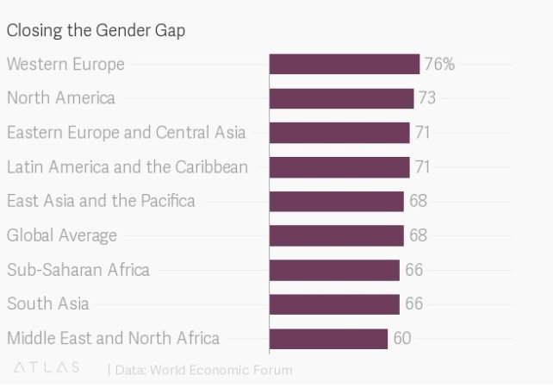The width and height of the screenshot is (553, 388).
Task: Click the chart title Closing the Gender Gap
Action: click(x=96, y=30)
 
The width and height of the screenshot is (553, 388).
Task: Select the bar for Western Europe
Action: click(x=345, y=65)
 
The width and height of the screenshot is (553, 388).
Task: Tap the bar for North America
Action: click(x=341, y=98)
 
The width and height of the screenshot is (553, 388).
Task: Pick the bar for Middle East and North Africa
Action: click(x=328, y=338)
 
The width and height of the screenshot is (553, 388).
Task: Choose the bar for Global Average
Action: click(x=336, y=235)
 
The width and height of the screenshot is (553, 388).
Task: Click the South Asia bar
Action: click(x=334, y=304)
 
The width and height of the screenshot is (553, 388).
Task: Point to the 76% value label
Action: click(x=439, y=65)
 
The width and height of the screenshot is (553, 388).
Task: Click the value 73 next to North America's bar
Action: click(x=426, y=98)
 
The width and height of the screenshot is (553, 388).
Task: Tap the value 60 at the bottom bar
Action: click(x=401, y=338)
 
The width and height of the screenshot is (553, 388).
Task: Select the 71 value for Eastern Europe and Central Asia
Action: click(x=422, y=133)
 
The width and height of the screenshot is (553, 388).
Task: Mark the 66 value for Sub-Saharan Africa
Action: click(x=413, y=270)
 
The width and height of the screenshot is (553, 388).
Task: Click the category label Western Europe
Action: click(x=65, y=65)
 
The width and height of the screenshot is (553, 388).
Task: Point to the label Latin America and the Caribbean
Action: click(x=127, y=166)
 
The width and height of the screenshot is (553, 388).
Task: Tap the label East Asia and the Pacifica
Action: click(x=101, y=201)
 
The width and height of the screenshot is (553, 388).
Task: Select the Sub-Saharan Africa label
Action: click(x=78, y=270)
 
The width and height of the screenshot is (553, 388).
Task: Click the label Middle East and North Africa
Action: click(x=113, y=338)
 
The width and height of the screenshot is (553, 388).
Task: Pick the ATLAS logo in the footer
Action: click(x=47, y=368)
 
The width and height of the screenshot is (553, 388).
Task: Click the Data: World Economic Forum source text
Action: click(x=203, y=370)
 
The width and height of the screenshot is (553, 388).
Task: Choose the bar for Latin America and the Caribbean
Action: click(x=339, y=166)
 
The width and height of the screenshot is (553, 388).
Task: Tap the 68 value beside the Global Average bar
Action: click(x=417, y=235)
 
